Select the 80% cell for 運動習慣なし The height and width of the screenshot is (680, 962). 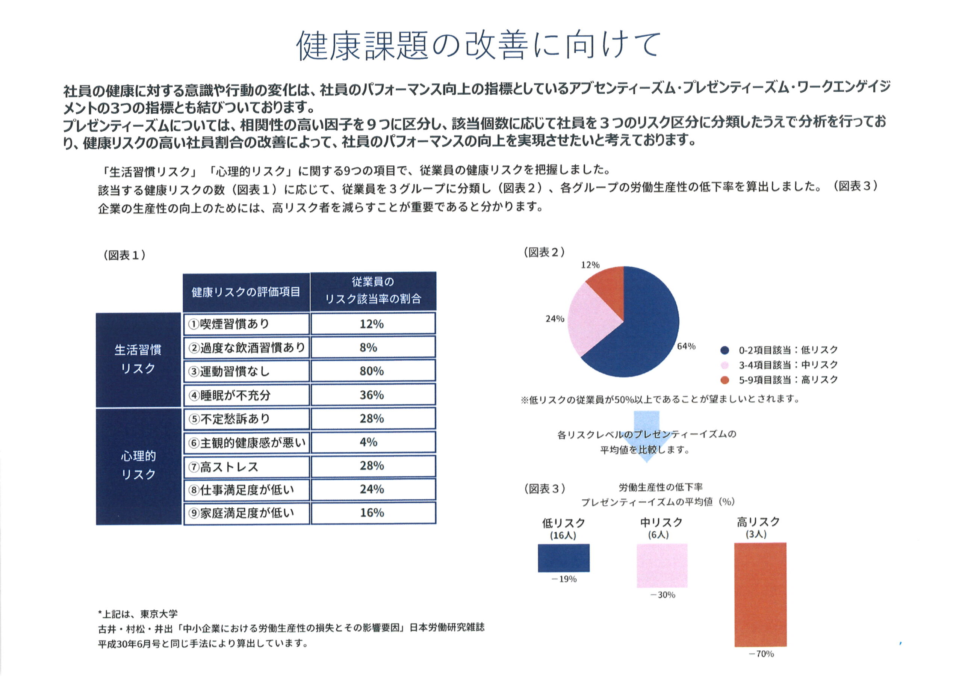(372, 371)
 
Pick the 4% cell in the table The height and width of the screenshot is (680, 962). (372, 442)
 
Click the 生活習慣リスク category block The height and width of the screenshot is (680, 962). (138, 360)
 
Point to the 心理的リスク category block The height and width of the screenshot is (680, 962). (138, 465)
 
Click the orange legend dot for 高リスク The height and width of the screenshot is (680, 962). (725, 380)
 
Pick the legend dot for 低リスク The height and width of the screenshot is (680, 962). (725, 350)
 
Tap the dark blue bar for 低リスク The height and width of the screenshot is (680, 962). (564, 558)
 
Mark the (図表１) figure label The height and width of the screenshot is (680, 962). (124, 255)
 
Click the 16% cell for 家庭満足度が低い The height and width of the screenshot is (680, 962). (372, 513)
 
